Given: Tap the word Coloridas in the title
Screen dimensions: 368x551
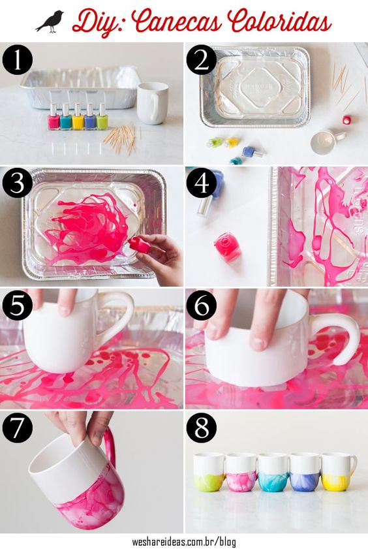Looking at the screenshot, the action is pos(281,22).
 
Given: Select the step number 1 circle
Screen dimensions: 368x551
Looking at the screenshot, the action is pos(18,61).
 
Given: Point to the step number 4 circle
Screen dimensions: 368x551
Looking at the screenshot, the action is pos(202,182).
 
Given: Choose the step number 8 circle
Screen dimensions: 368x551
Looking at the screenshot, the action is pos(202,428).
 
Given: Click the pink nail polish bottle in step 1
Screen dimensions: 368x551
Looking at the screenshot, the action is pos(54,117).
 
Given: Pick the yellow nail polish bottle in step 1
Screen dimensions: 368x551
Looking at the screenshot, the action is pos(78,117).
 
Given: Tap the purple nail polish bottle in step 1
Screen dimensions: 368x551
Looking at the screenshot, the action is pos(90,117).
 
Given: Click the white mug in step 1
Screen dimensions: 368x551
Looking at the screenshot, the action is pos(152,103).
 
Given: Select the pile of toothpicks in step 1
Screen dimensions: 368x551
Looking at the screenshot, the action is pos(121,138).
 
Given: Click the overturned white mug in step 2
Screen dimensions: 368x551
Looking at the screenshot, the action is pos(327,141).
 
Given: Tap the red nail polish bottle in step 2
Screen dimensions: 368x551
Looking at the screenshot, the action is pos(346,119).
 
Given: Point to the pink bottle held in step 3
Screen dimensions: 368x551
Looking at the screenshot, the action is pos(139,245).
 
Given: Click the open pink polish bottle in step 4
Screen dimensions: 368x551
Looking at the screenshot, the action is pos(228,247).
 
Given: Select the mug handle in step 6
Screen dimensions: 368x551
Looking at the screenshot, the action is pos(341,340).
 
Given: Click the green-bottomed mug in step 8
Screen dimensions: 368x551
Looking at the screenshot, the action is pos(209,472).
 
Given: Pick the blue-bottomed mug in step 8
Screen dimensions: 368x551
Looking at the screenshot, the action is pos(305,472).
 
